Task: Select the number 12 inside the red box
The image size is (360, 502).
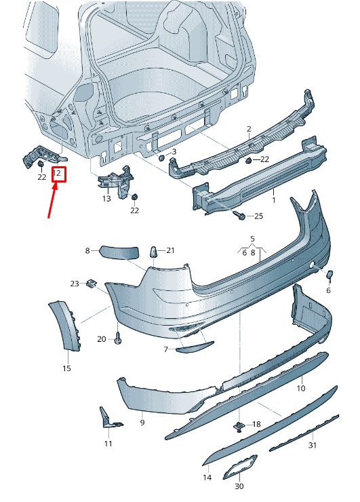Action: (x=58, y=174)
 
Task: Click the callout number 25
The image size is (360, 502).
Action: (x=258, y=216)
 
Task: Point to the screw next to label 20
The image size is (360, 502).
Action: (x=118, y=337)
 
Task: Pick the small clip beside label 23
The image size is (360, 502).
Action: (x=91, y=284)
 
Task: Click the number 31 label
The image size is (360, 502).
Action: (x=312, y=445)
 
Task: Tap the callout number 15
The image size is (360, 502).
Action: (x=66, y=368)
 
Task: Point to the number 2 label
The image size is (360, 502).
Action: (x=249, y=129)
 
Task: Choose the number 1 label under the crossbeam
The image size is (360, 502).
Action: (x=274, y=200)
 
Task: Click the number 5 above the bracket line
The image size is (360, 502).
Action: (x=252, y=239)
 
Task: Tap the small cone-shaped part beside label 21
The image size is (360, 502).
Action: (x=153, y=253)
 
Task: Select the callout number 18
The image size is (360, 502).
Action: (x=256, y=425)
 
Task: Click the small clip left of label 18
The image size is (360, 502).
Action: (x=239, y=426)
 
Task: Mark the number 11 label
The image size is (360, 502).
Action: (x=108, y=443)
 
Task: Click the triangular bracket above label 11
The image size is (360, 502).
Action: (x=108, y=418)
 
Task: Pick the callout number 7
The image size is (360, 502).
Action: (x=165, y=349)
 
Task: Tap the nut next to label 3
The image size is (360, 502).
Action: (x=162, y=157)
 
